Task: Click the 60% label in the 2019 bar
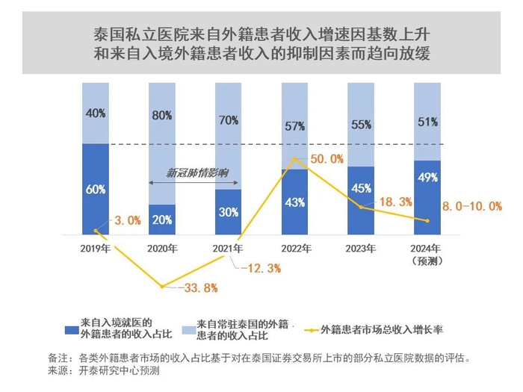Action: coord(95,190)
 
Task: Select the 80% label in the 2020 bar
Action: coord(161,116)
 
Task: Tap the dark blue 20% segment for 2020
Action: coord(161,220)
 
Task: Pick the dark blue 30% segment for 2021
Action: coord(228,211)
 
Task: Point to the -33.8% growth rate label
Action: coord(197,287)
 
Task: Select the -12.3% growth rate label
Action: coord(260,267)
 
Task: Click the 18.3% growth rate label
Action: coord(393,202)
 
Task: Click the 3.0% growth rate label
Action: coord(127,220)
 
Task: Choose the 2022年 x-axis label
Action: coord(294,249)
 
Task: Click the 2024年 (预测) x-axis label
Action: coord(427,254)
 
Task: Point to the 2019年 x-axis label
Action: coord(95,249)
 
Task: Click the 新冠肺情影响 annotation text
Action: coord(196,172)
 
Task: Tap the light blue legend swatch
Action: coord(187,329)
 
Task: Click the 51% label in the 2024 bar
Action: coord(427,122)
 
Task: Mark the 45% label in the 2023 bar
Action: coord(361,188)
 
